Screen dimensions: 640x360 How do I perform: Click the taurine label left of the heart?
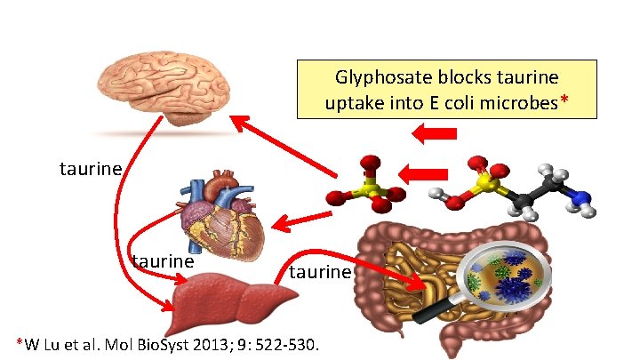pos(90,168)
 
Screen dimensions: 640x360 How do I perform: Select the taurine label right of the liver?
pos(320,271)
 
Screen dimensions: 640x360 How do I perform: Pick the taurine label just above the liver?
pos(162,261)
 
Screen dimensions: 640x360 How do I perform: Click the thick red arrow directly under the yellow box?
pos(435,134)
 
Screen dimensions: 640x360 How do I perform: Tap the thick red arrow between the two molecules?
pos(425,172)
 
